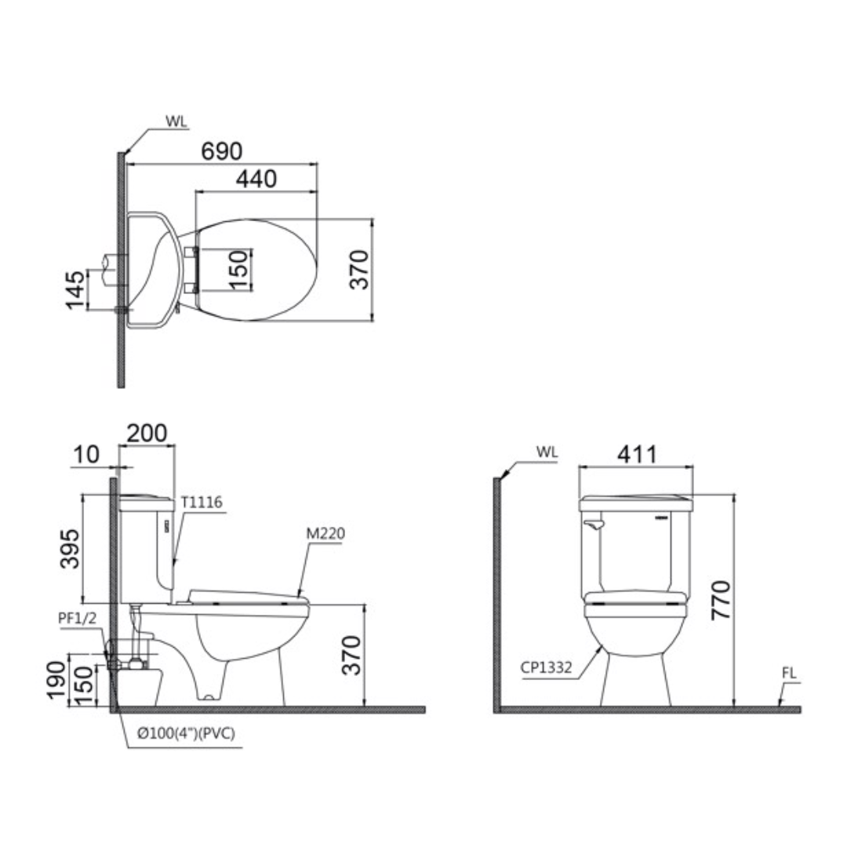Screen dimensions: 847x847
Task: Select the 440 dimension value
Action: point(256,179)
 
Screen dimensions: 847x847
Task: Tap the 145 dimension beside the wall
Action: point(75,289)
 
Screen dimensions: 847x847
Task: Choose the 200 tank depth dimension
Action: point(147,433)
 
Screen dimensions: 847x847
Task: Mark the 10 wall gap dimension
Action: point(89,454)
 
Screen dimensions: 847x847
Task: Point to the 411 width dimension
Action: point(634,454)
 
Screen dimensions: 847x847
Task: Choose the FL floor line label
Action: point(788,674)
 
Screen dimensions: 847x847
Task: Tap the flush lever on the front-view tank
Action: point(594,521)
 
